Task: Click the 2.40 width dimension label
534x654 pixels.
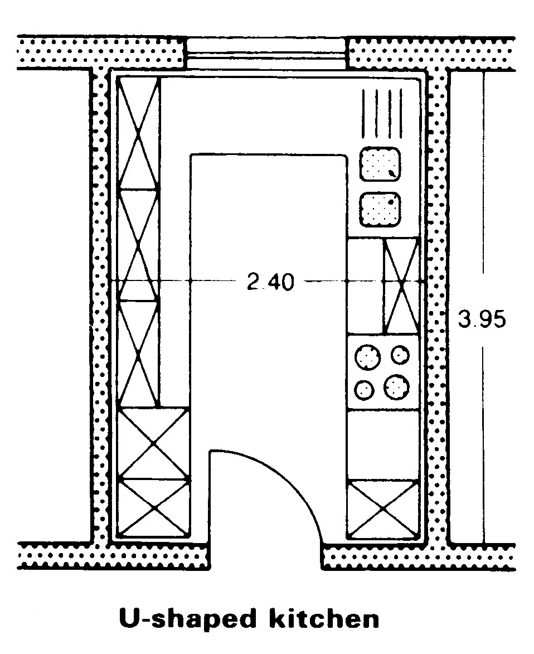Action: (x=270, y=282)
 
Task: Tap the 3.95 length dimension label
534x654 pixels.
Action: (x=482, y=319)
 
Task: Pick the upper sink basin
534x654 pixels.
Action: (x=380, y=164)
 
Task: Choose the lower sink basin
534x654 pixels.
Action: (x=380, y=210)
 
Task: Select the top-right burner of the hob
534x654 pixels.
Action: (x=399, y=355)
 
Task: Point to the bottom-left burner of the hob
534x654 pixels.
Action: (x=365, y=390)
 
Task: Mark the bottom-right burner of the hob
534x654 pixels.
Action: (x=396, y=387)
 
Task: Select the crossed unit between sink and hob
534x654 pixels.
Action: (x=401, y=285)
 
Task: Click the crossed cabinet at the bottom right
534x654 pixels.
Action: (x=383, y=508)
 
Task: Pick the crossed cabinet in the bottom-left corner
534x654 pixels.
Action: (x=154, y=507)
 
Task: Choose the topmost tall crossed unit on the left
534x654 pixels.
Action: (x=138, y=133)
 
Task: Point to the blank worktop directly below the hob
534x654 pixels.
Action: (x=383, y=444)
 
